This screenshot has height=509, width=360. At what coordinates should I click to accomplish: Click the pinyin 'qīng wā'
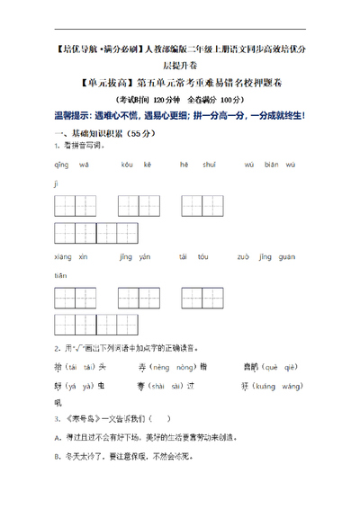(x=67, y=165)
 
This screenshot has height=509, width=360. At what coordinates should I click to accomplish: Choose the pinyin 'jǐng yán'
(x=134, y=256)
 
